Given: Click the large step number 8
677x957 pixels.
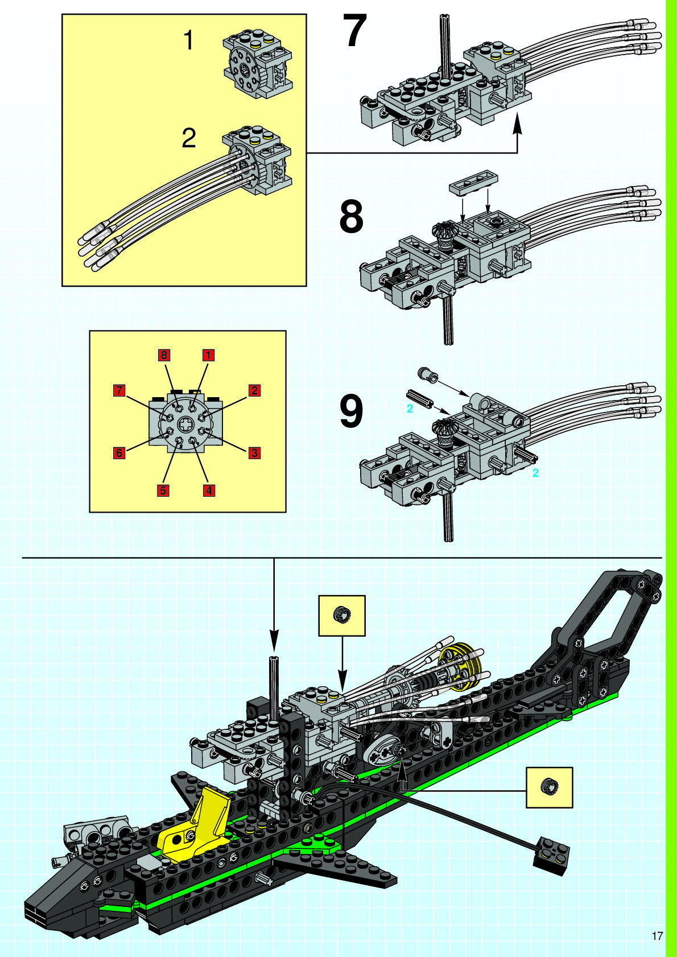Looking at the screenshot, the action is [351, 217].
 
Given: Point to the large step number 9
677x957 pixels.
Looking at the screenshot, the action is [351, 411].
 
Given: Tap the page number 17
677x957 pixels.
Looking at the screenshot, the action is [657, 936].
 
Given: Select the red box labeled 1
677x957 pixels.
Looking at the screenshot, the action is [208, 355].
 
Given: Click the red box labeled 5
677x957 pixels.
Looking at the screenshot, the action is [163, 490].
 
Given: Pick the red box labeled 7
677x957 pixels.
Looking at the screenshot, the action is [119, 390].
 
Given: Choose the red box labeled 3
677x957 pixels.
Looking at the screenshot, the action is [254, 453].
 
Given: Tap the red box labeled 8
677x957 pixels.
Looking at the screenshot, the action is [164, 355].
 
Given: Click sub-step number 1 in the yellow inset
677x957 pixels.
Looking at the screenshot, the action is [188, 42].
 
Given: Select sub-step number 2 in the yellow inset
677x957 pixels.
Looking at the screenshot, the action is [189, 138].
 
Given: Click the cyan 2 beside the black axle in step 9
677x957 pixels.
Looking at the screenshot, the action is [410, 409].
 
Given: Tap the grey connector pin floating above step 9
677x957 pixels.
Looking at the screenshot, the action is [427, 374].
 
